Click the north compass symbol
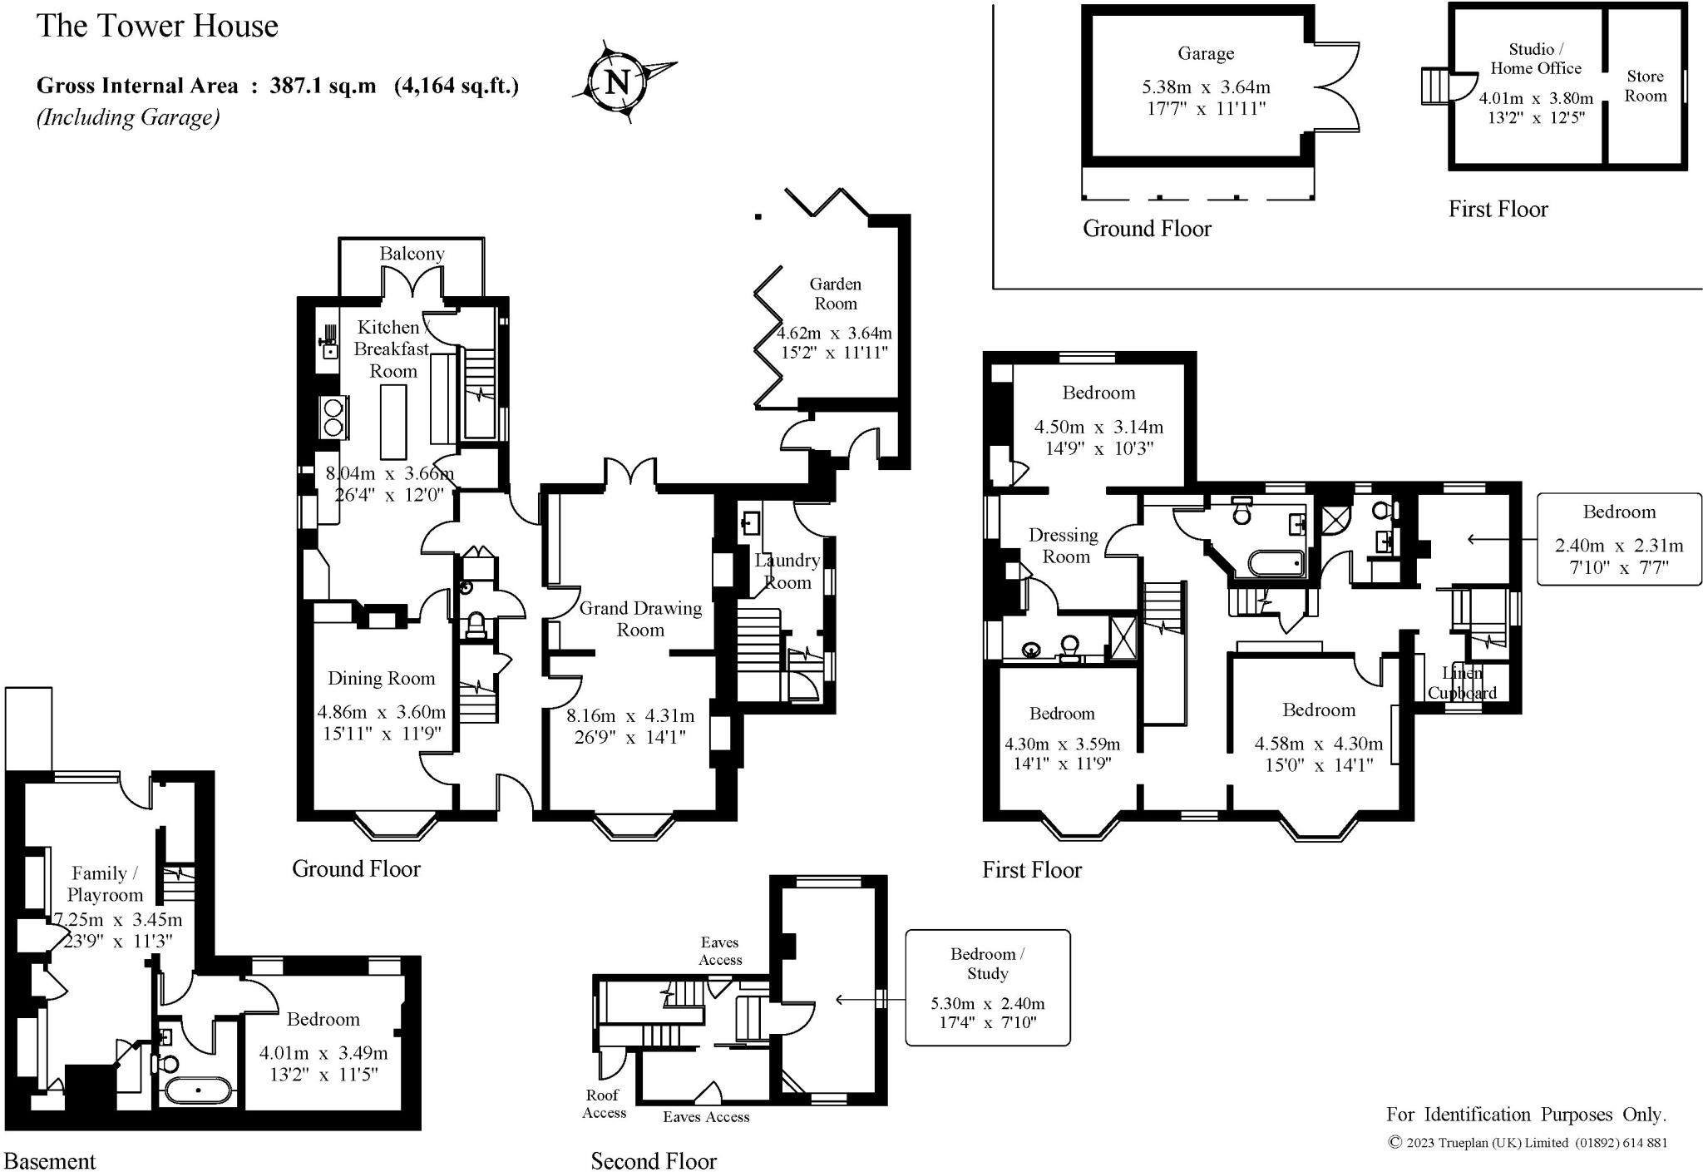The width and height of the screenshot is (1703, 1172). click(x=617, y=82)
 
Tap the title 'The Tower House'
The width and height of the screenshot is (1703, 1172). click(x=157, y=26)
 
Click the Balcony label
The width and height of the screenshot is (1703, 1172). click(x=412, y=253)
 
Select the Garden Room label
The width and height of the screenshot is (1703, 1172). click(x=835, y=294)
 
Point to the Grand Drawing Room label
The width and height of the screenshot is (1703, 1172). click(x=640, y=619)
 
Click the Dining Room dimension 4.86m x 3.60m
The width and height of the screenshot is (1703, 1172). click(x=382, y=712)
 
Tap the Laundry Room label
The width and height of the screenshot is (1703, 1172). click(x=787, y=571)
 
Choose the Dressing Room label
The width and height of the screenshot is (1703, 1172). click(x=1064, y=546)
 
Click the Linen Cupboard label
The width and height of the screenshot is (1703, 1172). click(x=1462, y=683)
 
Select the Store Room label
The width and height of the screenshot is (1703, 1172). click(x=1645, y=86)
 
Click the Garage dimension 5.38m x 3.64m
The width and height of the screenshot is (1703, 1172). click(x=1206, y=87)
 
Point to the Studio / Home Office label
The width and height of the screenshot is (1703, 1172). click(x=1535, y=58)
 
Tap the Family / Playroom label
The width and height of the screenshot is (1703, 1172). click(x=105, y=883)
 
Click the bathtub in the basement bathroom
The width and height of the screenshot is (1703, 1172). click(x=198, y=1090)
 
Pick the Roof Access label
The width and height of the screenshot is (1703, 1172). click(x=604, y=1104)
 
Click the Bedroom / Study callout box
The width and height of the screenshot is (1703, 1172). click(x=987, y=987)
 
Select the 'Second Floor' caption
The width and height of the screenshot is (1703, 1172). click(x=654, y=1160)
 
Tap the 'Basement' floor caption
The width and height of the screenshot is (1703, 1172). click(x=50, y=1160)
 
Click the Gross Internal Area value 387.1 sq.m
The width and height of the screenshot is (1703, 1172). click(x=323, y=86)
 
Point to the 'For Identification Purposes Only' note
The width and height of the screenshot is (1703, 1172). click(x=1526, y=1114)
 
